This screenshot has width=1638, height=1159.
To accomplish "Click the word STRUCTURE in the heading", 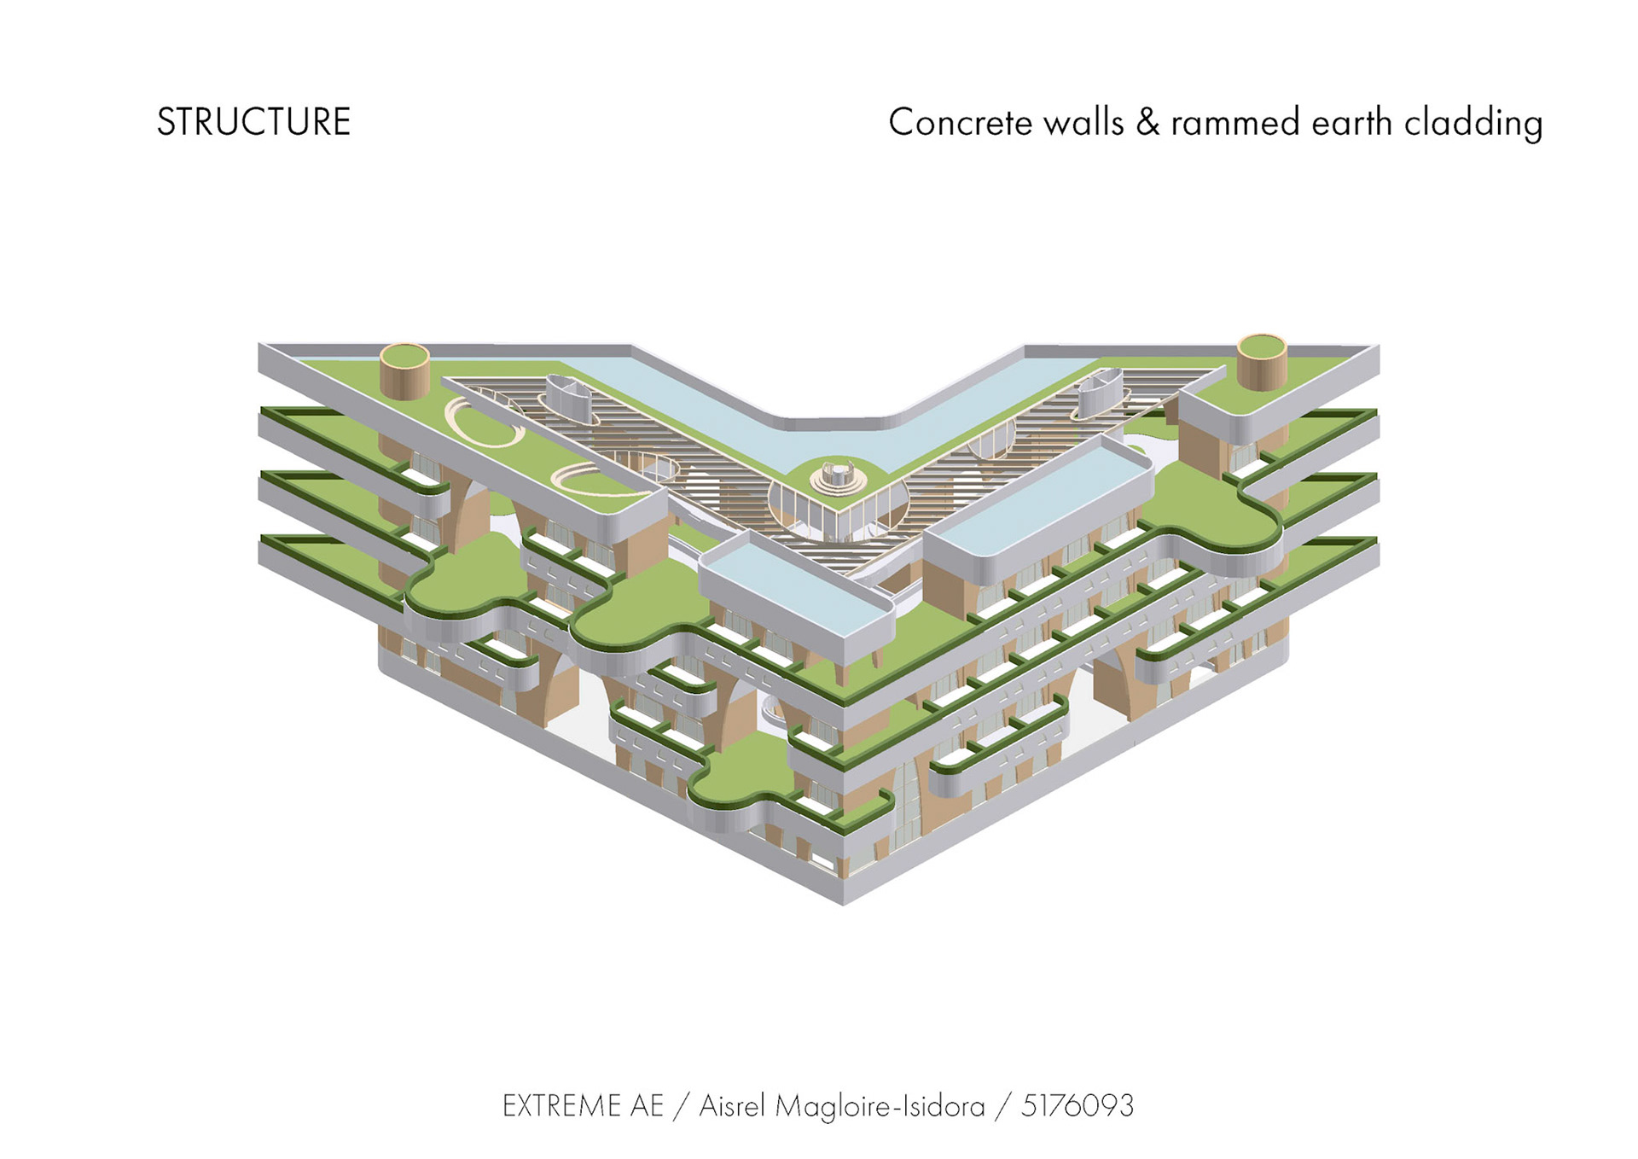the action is [253, 122].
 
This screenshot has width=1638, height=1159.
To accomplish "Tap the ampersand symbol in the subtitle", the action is [1147, 123].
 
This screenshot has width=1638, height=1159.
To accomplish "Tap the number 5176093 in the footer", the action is [1077, 1106].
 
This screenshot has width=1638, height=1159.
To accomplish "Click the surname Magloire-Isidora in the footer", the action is [880, 1107].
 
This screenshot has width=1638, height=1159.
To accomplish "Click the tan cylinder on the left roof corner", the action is [404, 370].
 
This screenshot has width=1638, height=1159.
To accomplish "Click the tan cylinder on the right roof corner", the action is [1261, 361].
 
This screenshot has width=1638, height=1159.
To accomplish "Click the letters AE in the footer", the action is [647, 1106].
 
